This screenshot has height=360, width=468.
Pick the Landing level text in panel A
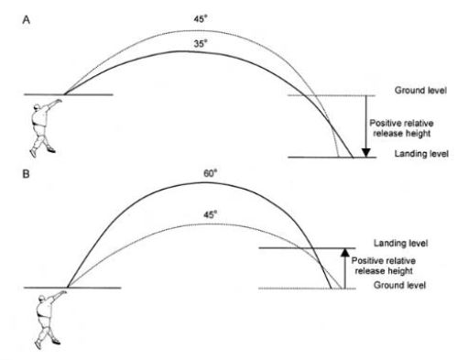pyautogui.click(x=419, y=156)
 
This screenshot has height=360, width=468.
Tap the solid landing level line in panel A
pyautogui.click(x=330, y=158)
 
